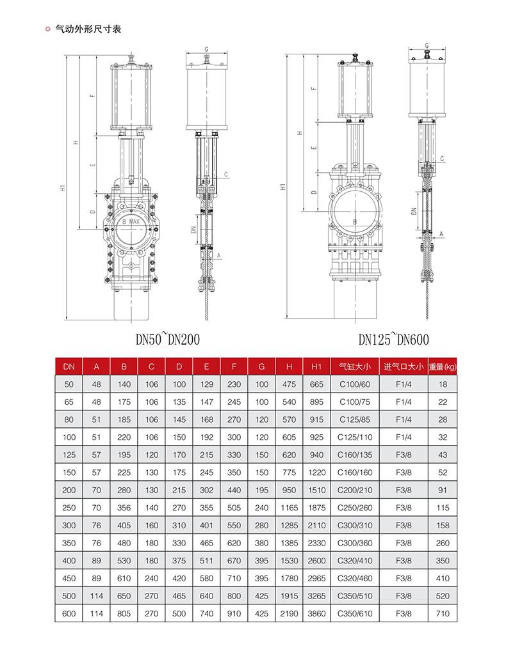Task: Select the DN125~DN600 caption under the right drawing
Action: pyautogui.click(x=393, y=339)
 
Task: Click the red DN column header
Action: pyautogui.click(x=69, y=366)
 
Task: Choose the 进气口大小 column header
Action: pyautogui.click(x=404, y=366)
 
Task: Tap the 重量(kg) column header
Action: pyautogui.click(x=442, y=366)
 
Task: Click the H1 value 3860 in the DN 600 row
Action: pyautogui.click(x=316, y=613)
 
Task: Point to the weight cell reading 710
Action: pyautogui.click(x=442, y=613)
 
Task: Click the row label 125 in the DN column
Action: pyautogui.click(x=69, y=455)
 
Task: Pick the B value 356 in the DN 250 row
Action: pyautogui.click(x=124, y=508)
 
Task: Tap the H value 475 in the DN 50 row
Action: pyautogui.click(x=289, y=384)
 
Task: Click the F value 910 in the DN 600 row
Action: pyautogui.click(x=234, y=613)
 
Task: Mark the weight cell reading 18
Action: pyautogui.click(x=442, y=384)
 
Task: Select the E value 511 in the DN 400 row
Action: pyautogui.click(x=206, y=561)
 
